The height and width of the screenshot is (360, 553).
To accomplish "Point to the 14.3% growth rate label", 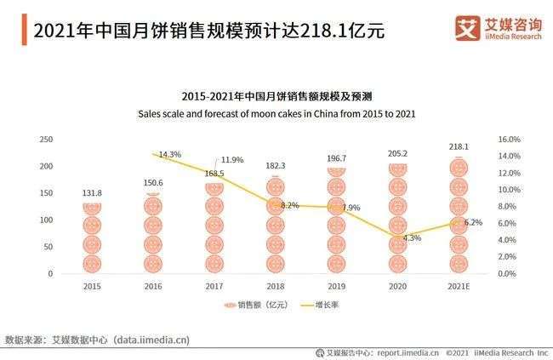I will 170,155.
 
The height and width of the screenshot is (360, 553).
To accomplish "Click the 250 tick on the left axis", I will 46,139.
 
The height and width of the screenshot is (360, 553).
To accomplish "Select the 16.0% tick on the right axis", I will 508,139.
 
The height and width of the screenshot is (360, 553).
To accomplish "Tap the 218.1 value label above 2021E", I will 459,146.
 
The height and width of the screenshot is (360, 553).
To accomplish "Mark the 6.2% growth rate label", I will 472,222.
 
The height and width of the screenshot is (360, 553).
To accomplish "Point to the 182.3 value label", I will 276,166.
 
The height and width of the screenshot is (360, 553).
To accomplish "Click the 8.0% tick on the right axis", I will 508,206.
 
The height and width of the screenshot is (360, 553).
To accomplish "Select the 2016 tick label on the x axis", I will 152,288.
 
